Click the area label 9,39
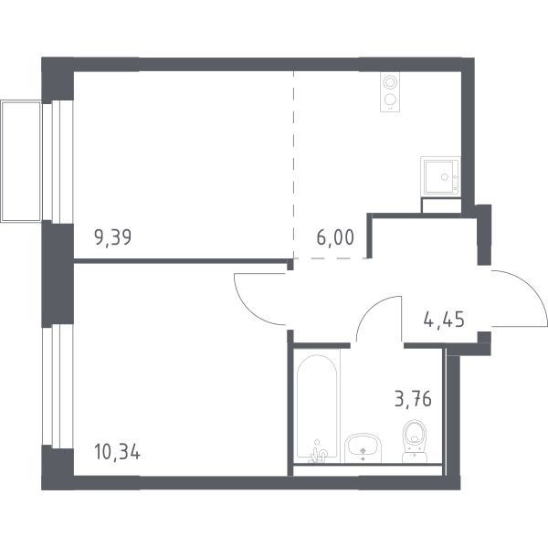[113, 237]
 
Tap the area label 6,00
[335, 237]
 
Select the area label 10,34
[118, 452]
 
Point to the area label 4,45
[444, 319]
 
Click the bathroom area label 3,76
[413, 399]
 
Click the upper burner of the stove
[389, 83]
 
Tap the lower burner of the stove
[389, 100]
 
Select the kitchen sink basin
[440, 176]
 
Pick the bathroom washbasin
[364, 448]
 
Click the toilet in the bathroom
[415, 441]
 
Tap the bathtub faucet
[319, 452]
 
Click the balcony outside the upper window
[21, 161]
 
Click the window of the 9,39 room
[58, 162]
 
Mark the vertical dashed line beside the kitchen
[294, 164]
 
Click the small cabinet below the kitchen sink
[441, 205]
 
